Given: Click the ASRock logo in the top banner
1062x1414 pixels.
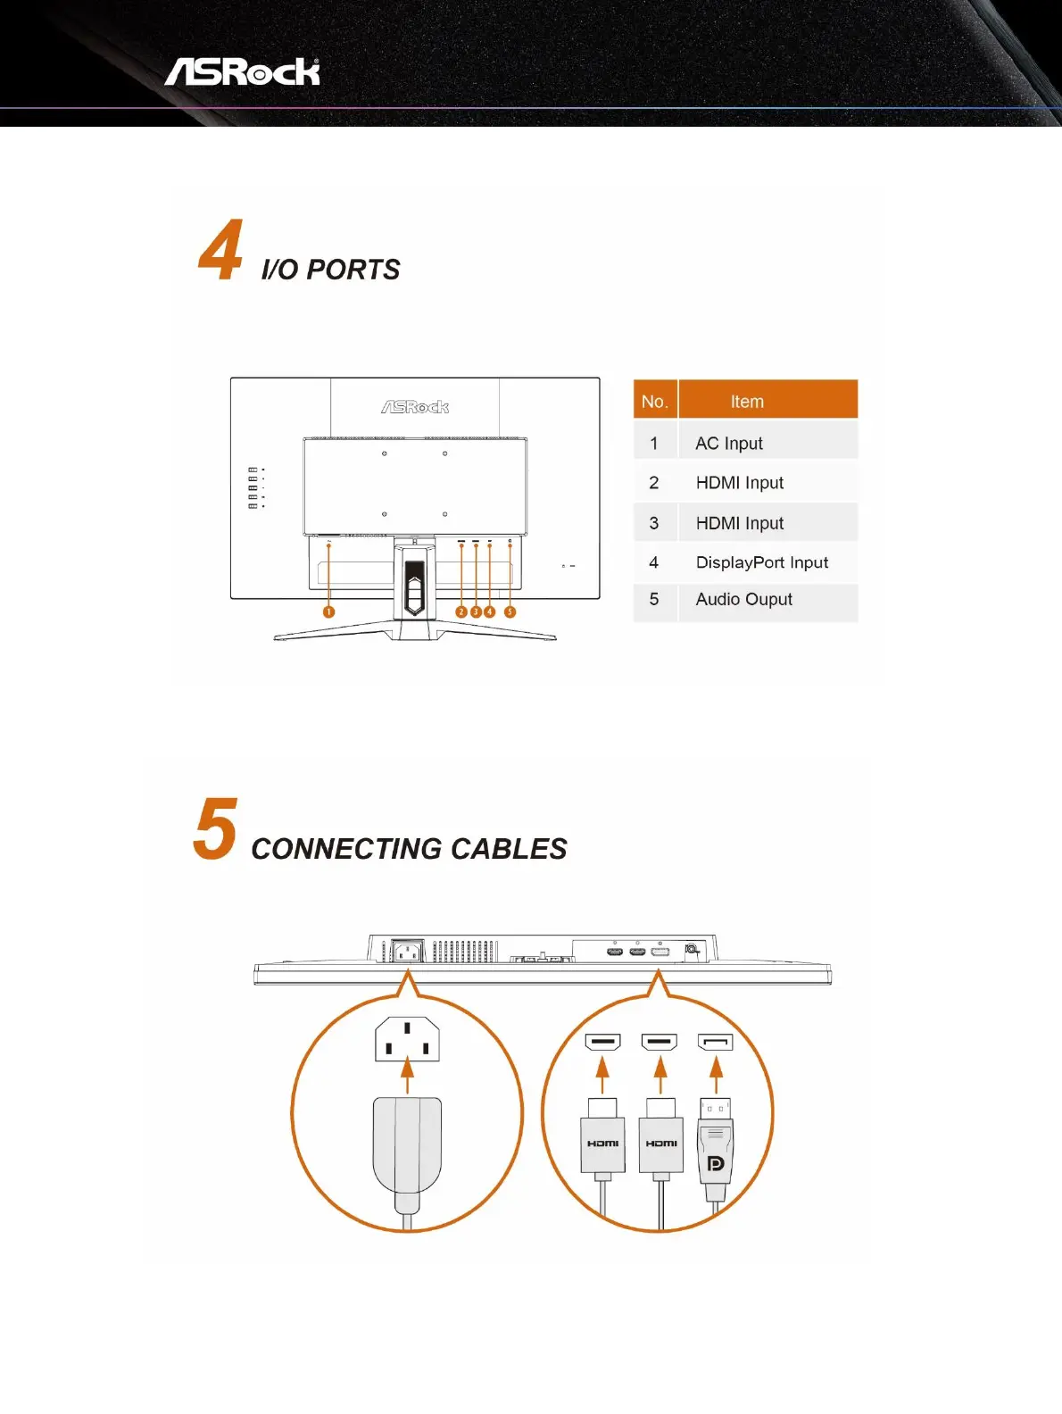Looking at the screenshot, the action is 242,72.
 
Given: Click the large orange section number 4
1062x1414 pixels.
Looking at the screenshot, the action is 220,251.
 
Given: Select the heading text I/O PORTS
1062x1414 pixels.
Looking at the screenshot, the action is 330,270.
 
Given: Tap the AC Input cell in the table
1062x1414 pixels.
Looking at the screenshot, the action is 729,444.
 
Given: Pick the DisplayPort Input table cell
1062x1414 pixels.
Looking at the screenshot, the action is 761,562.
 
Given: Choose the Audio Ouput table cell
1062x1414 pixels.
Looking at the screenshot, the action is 743,600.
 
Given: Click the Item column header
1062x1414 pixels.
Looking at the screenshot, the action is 747,402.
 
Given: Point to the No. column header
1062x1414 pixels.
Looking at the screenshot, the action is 654,402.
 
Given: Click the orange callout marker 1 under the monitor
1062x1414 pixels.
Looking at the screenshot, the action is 328,611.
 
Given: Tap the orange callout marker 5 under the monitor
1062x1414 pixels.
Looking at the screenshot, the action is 510,611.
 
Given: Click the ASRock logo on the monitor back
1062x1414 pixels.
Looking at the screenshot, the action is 415,407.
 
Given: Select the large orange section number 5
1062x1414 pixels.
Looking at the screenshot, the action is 215,829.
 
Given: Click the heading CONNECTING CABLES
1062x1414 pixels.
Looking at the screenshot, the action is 409,849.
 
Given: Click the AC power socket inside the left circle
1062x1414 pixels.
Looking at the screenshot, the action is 407,1040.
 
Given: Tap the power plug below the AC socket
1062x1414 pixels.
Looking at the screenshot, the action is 407,1147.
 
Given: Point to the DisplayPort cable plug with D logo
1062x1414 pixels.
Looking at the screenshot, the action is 715,1152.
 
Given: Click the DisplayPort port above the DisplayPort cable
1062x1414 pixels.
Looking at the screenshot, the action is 715,1042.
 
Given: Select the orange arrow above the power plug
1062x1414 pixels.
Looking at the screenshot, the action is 407,1075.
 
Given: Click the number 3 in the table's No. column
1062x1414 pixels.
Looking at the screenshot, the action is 654,523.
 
